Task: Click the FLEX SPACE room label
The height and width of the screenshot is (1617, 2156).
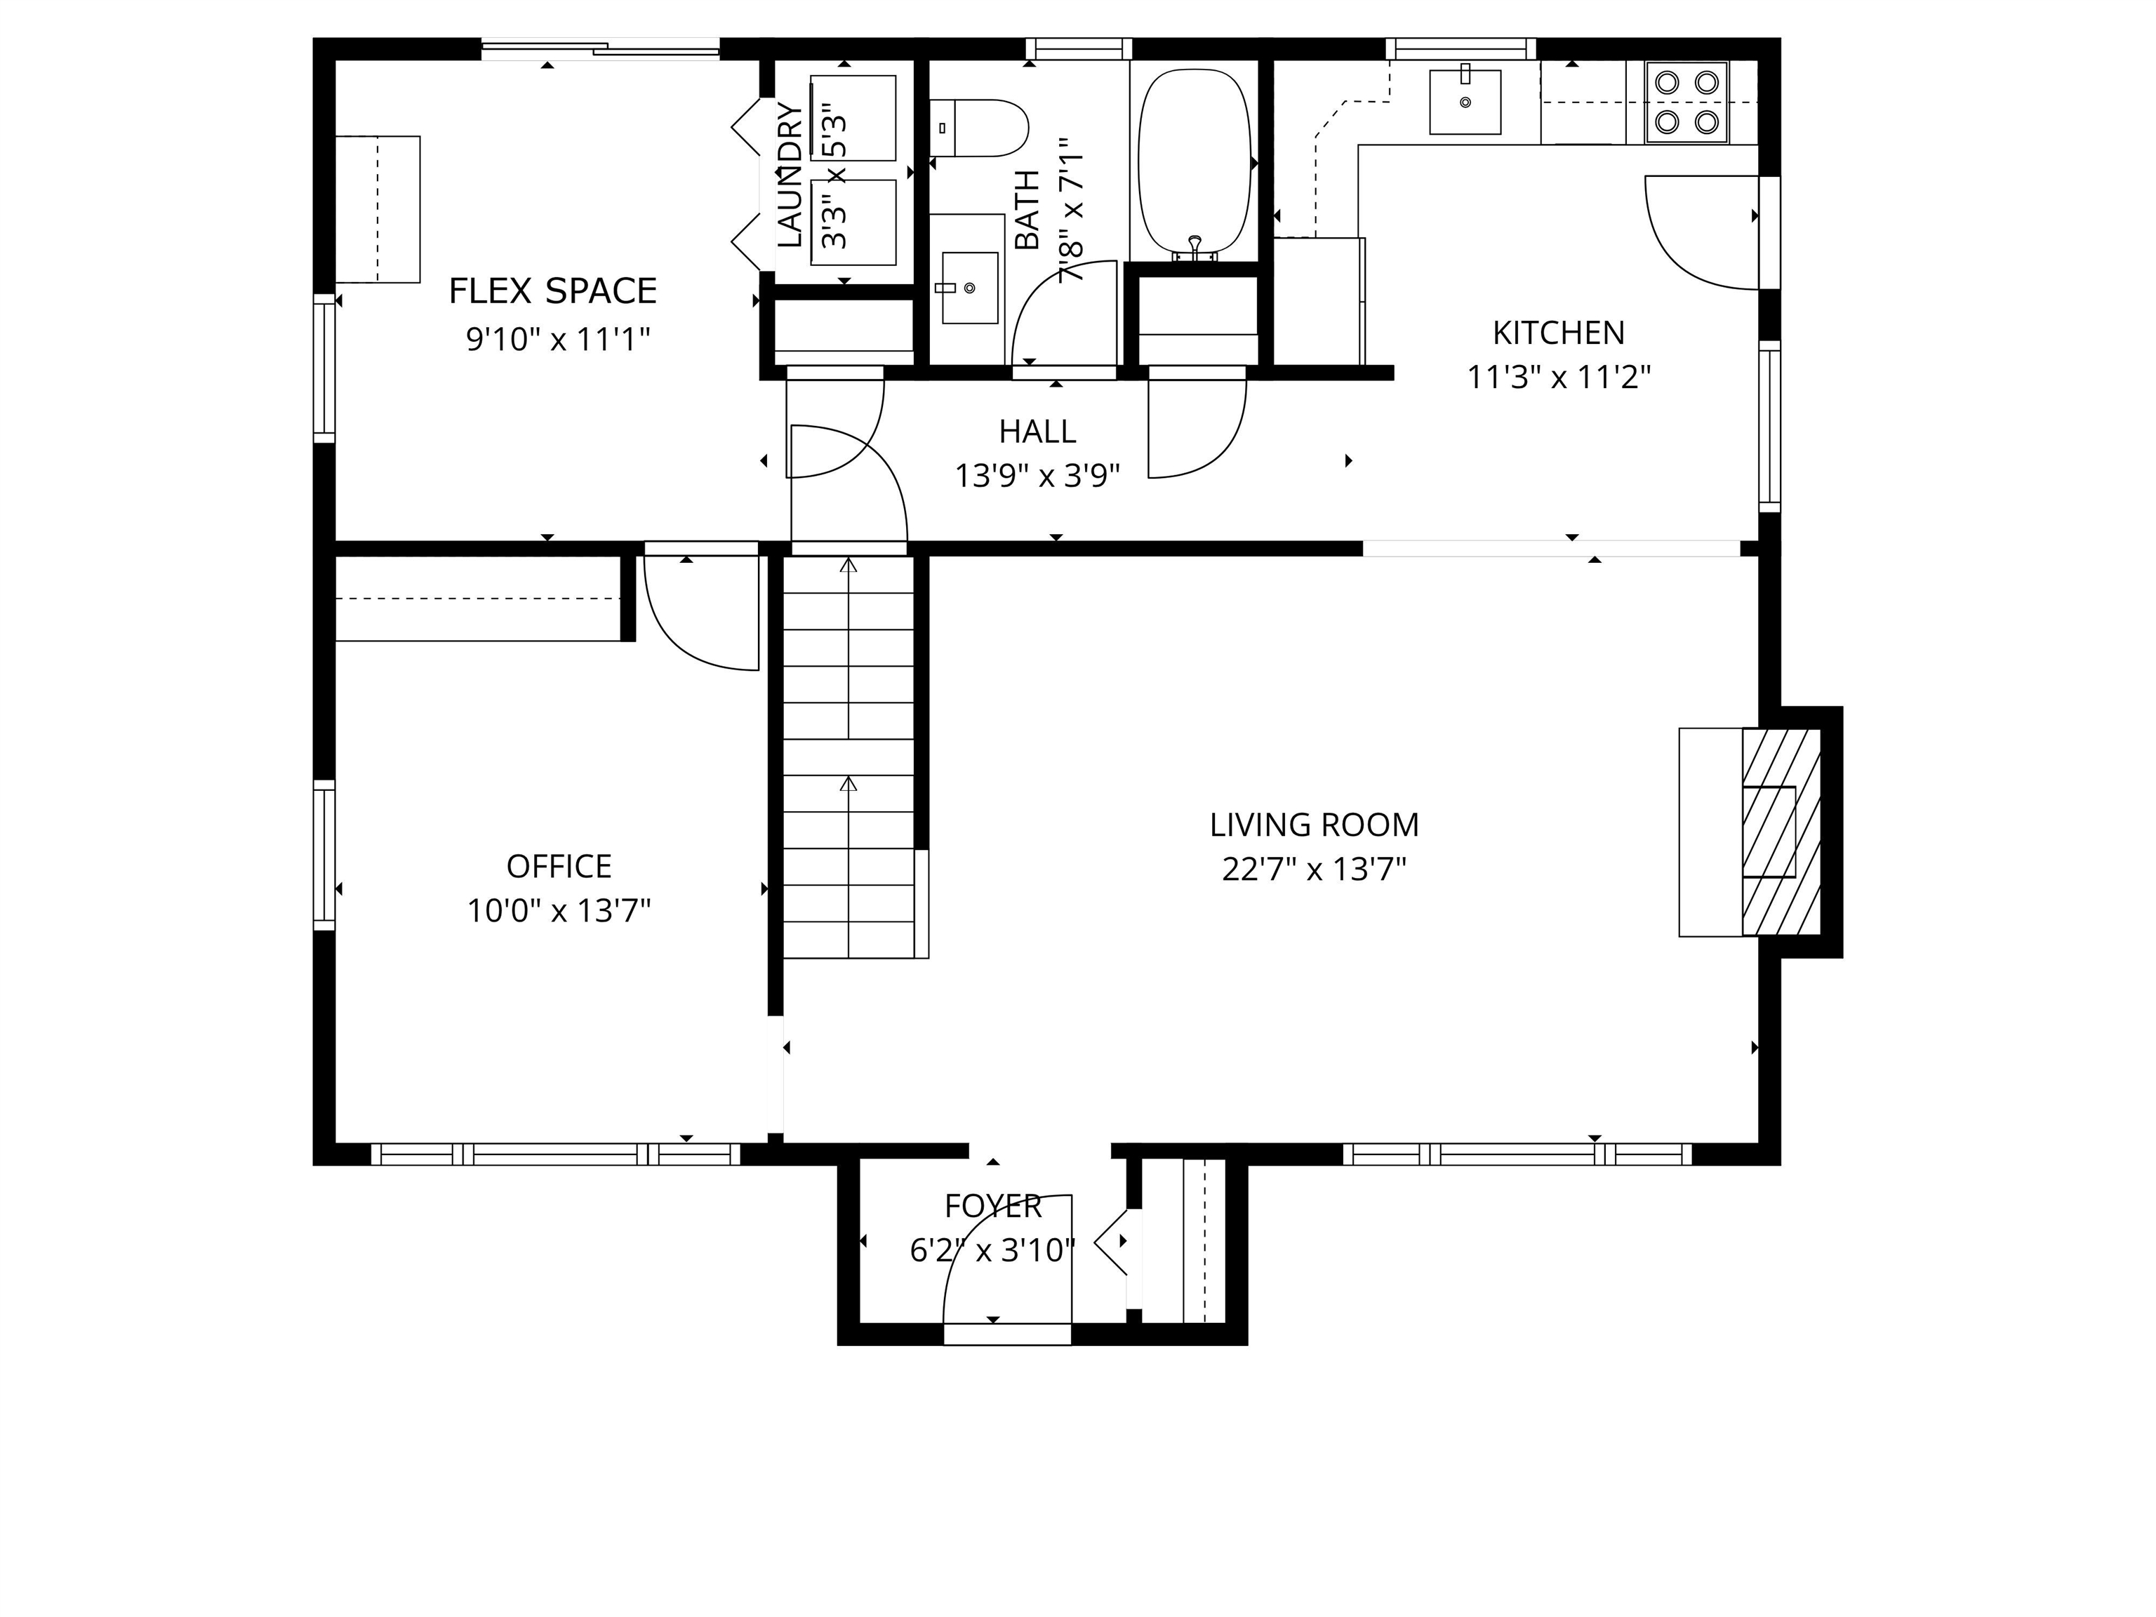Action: coord(552,291)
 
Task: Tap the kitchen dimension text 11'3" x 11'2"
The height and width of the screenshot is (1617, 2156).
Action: coord(1559,376)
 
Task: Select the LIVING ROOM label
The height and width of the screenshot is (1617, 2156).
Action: coord(1314,825)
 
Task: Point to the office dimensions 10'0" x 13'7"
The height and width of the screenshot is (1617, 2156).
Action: coord(559,910)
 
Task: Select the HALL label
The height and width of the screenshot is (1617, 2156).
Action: coord(1037,431)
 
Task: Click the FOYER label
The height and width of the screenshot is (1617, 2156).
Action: coord(992,1206)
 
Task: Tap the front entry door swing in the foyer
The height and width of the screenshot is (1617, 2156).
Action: coord(994,1258)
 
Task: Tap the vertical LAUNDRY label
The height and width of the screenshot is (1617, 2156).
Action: coord(790,175)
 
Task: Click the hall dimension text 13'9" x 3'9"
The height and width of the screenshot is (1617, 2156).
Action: coord(1037,476)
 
